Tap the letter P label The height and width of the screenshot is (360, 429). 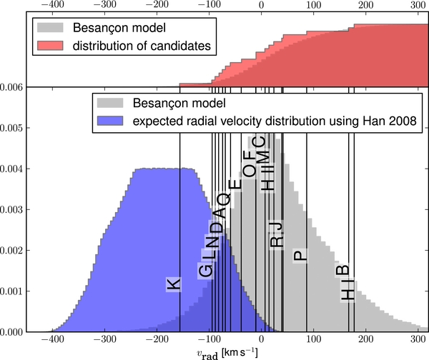[300, 256]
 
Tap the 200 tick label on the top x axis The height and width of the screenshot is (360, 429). [365, 6]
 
